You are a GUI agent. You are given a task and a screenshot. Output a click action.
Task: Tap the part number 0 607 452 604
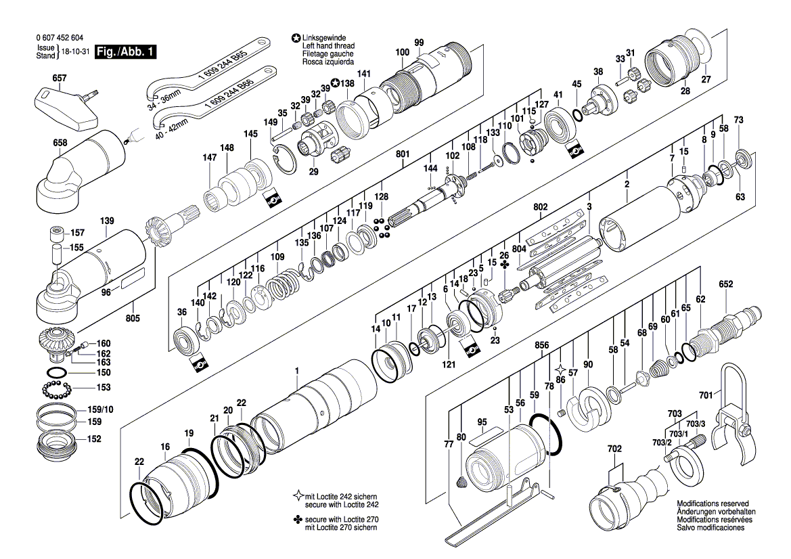[61, 39]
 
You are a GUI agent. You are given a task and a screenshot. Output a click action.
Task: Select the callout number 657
[60, 79]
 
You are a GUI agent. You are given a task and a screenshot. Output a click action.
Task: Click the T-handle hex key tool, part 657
[68, 108]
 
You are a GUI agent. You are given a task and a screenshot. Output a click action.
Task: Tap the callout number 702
[614, 448]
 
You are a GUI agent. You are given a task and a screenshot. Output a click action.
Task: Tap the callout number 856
[541, 344]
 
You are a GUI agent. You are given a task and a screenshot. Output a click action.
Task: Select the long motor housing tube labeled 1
[315, 406]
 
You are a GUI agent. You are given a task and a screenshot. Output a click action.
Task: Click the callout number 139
[107, 221]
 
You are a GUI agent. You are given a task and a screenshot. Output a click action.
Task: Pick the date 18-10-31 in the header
[74, 52]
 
